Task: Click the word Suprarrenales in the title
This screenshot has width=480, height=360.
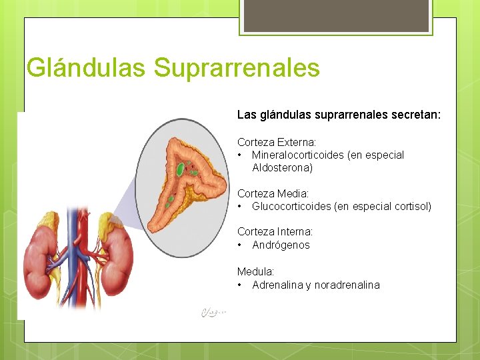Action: pyautogui.click(x=237, y=68)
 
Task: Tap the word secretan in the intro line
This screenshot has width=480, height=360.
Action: pyautogui.click(x=417, y=115)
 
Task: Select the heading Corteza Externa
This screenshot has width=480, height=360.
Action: pyautogui.click(x=277, y=142)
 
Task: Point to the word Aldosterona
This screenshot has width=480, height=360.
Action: pyautogui.click(x=282, y=167)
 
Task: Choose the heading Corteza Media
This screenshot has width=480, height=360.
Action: pyautogui.click(x=273, y=193)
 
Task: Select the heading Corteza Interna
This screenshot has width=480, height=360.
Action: pyautogui.click(x=275, y=231)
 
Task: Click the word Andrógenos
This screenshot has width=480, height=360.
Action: pyautogui.click(x=281, y=245)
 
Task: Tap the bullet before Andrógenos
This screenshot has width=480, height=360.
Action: pyautogui.click(x=239, y=245)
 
